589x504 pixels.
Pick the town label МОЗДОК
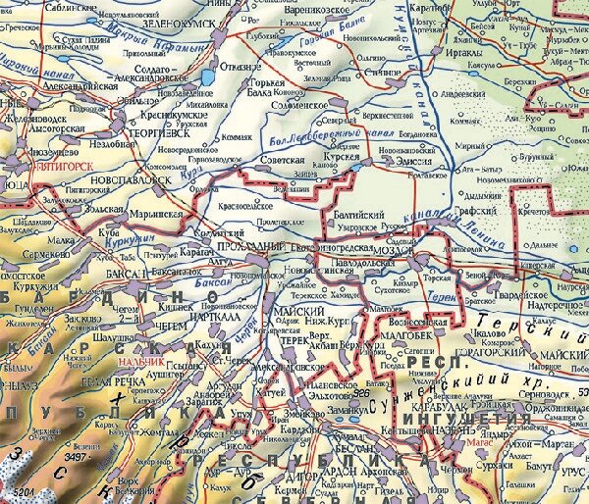point(396,250)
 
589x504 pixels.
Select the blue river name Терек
point(443,277)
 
